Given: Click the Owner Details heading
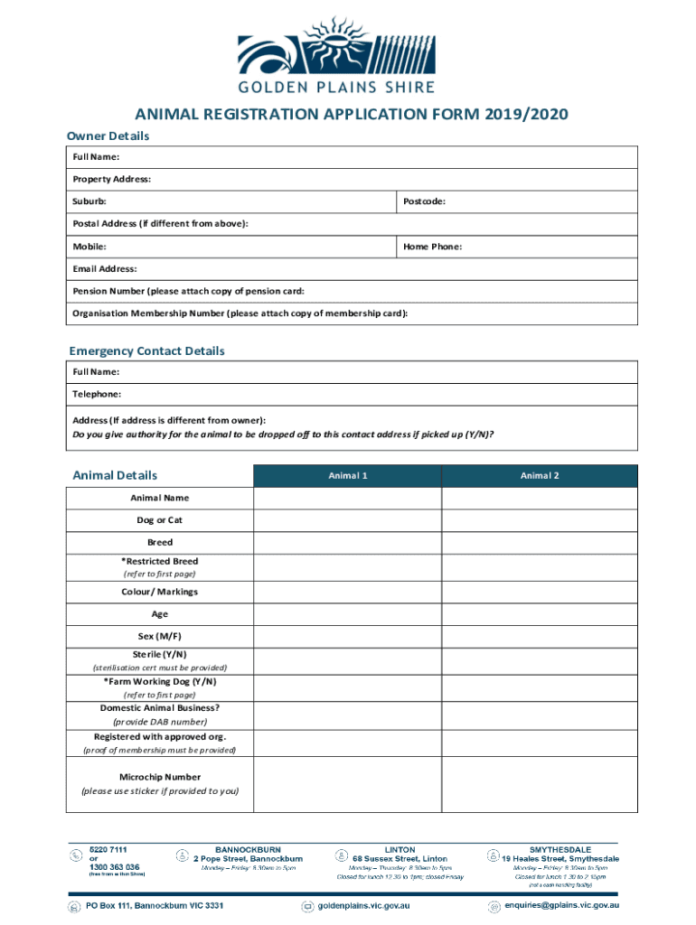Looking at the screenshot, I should pyautogui.click(x=108, y=135).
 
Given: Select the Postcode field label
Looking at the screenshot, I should pyautogui.click(x=424, y=201).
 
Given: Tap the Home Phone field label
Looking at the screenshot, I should pyautogui.click(x=432, y=247).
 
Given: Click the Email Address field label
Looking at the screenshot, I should pyautogui.click(x=105, y=269).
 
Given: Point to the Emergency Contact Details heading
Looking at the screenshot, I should pyautogui.click(x=146, y=350).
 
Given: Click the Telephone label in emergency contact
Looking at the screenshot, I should pyautogui.click(x=97, y=395).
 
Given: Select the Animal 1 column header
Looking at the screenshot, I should pyautogui.click(x=347, y=476).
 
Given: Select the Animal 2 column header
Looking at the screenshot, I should pyautogui.click(x=539, y=476).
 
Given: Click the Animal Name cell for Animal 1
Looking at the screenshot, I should pyautogui.click(x=347, y=499).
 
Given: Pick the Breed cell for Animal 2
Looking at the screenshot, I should pyautogui.click(x=539, y=543).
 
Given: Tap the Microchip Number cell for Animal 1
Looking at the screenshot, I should pyautogui.click(x=347, y=784).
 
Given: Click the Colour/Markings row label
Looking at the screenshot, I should pyautogui.click(x=160, y=592).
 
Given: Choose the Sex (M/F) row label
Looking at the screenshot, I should pyautogui.click(x=160, y=636).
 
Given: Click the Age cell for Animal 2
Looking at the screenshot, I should pyautogui.click(x=539, y=614).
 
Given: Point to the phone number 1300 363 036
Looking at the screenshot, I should pyautogui.click(x=115, y=866).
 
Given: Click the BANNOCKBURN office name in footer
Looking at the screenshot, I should pyautogui.click(x=248, y=849).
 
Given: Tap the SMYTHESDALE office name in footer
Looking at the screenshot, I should pyautogui.click(x=560, y=849).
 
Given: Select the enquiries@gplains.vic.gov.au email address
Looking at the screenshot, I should pyautogui.click(x=561, y=905).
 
